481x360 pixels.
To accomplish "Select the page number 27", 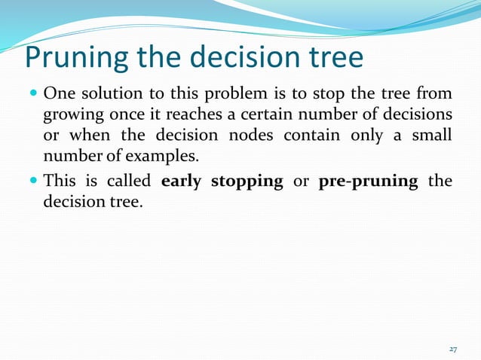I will click(x=453, y=349).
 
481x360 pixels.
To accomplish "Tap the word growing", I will click(x=70, y=115).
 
